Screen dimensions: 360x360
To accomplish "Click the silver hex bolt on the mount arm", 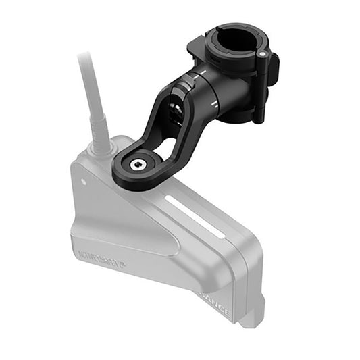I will tap(137, 164).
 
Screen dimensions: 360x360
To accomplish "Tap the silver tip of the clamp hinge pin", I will tap(261, 53).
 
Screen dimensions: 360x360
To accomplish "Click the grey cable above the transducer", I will tap(86, 81).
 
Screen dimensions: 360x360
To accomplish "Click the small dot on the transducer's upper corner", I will tap(84, 181).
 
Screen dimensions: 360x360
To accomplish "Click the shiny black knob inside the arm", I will tap(176, 108).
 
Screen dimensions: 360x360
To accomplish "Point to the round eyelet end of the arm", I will tap(137, 165).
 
